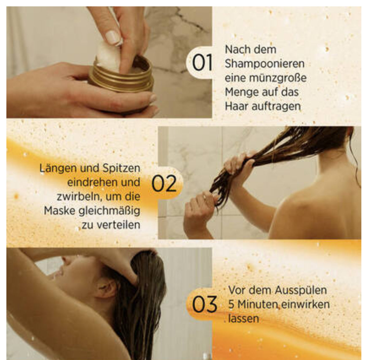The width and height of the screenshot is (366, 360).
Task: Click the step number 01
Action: (x=202, y=62)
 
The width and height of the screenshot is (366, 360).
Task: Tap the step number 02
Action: (x=164, y=184)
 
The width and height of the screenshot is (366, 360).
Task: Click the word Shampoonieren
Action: (x=264, y=64)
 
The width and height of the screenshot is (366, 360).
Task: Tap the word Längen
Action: (x=58, y=169)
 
